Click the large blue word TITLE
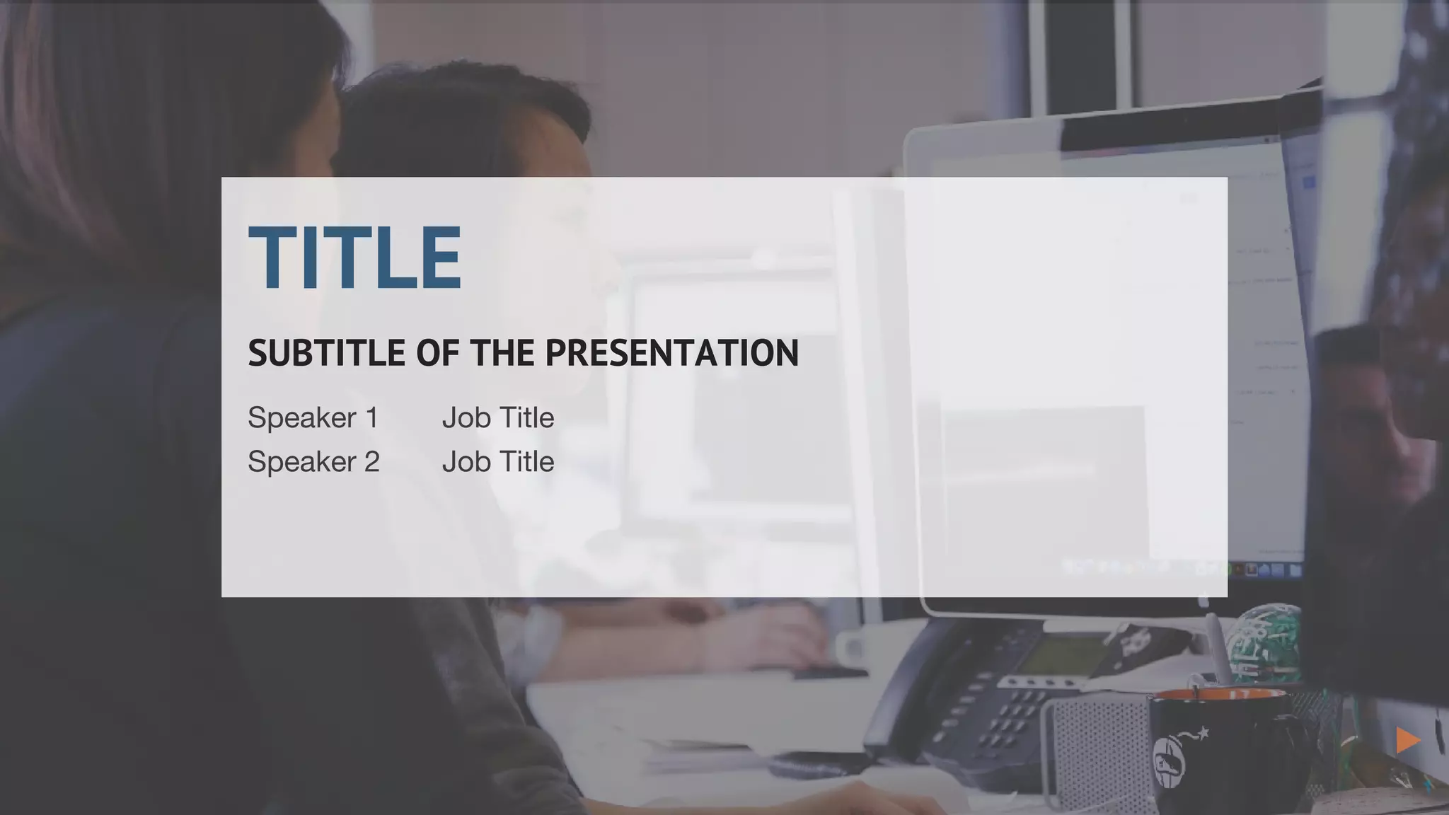(354, 258)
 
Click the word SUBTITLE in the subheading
(326, 353)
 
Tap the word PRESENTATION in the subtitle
(671, 353)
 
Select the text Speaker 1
(313, 418)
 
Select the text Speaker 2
(313, 462)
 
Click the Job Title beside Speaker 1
(497, 418)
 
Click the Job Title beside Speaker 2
(497, 462)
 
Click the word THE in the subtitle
(502, 353)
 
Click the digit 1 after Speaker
(372, 418)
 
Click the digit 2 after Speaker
(372, 462)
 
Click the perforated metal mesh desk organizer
(1097, 750)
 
